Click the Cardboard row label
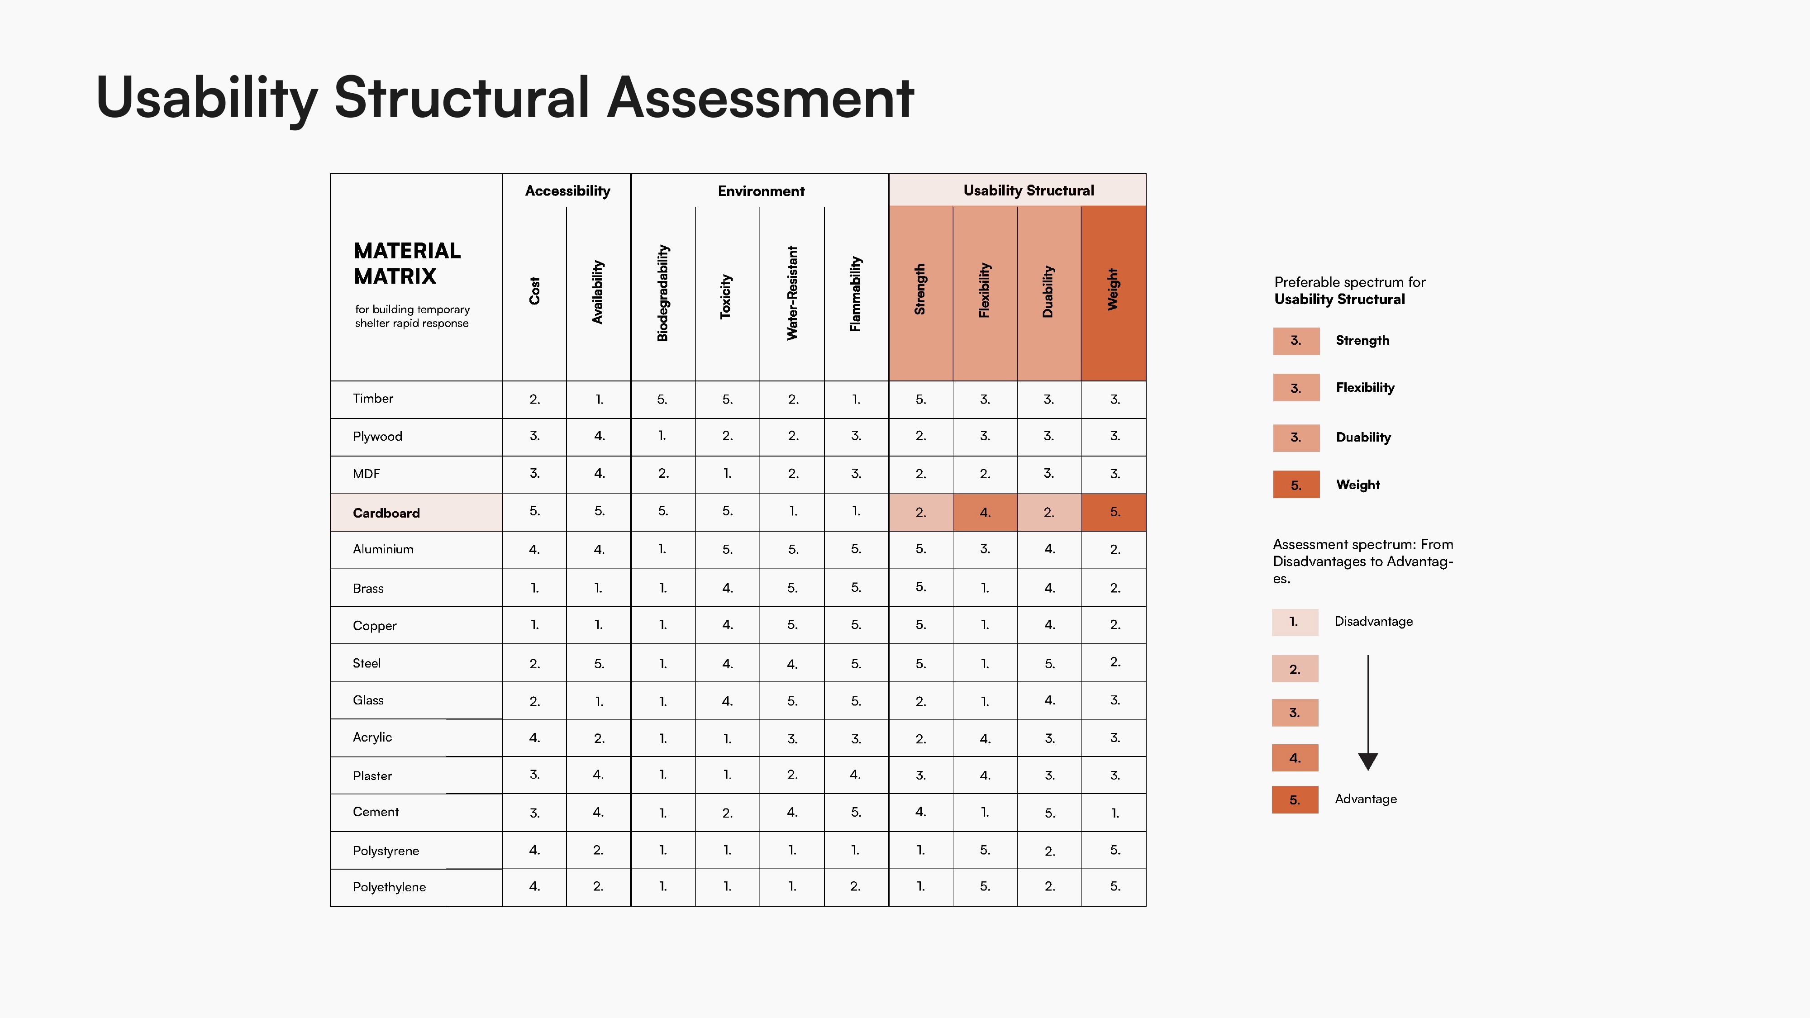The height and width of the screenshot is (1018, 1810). point(386,513)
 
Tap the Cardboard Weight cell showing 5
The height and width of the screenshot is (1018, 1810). point(1114,512)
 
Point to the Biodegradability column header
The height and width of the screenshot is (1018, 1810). point(662,293)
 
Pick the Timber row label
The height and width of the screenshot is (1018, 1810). point(373,398)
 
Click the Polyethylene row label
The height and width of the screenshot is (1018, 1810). point(389,887)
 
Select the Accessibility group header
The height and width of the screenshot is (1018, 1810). point(568,191)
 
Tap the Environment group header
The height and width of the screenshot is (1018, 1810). point(761,191)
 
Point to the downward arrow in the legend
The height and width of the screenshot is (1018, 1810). point(1368,713)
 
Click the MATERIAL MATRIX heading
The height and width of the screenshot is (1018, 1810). point(408,263)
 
